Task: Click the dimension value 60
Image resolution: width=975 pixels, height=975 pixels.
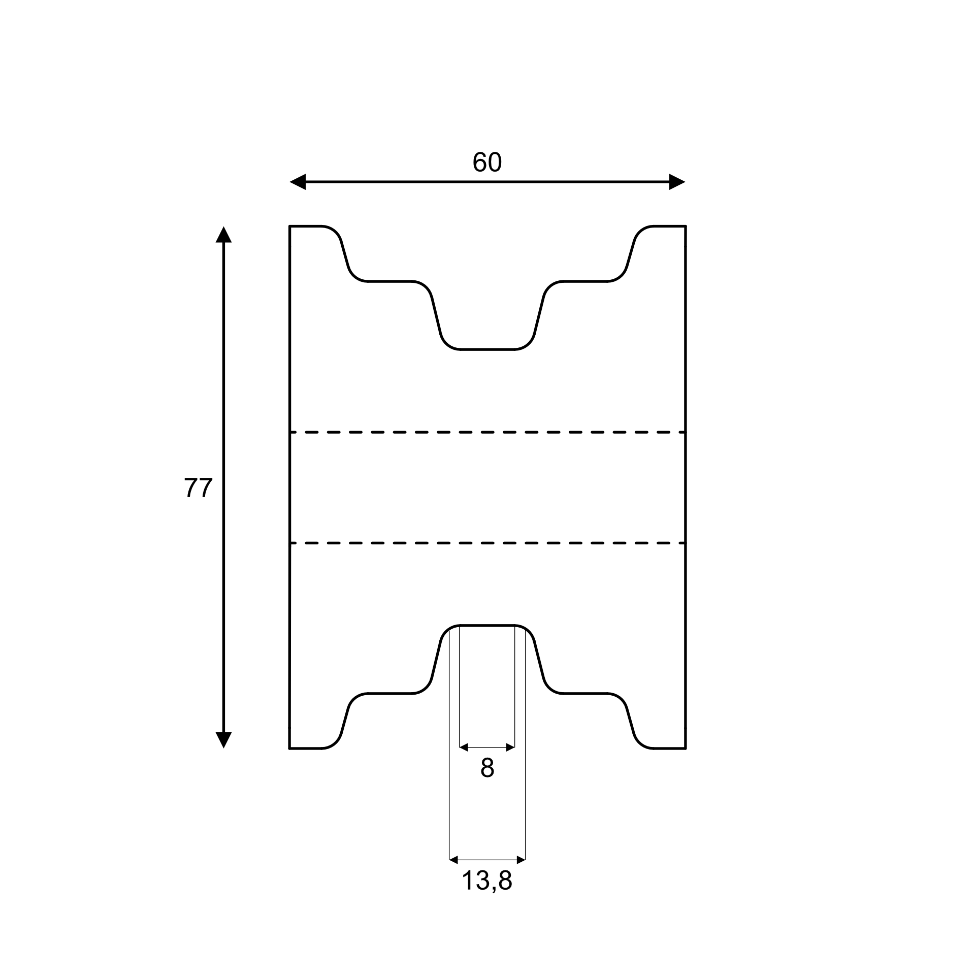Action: [487, 162]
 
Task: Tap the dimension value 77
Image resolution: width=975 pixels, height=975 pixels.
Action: [198, 488]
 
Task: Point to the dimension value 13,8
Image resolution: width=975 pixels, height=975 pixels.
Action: [487, 895]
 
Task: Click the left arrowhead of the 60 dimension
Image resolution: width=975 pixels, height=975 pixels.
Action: [298, 182]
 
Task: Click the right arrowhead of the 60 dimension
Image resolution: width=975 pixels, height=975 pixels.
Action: [677, 182]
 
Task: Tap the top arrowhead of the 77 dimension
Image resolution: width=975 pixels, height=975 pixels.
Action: [223, 235]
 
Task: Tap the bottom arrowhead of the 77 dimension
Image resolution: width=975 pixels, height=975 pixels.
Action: [223, 740]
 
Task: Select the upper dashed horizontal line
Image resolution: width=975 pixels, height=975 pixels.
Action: [487, 432]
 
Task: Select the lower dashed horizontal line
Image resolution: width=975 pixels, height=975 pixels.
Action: [487, 543]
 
